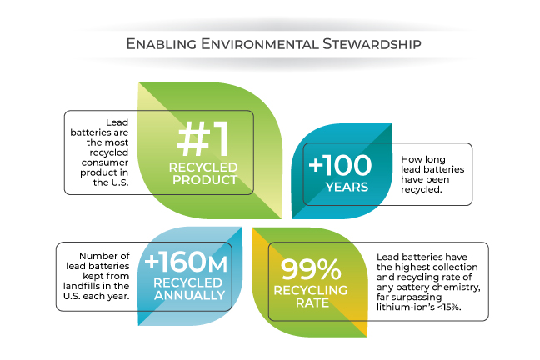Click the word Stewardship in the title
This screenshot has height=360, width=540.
click(372, 44)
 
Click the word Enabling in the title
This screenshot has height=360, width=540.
click(162, 44)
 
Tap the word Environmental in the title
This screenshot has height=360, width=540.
click(260, 44)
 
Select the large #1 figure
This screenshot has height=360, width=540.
click(203, 139)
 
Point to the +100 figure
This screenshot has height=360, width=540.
click(340, 165)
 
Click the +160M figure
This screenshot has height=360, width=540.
click(186, 262)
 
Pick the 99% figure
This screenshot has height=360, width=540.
click(311, 269)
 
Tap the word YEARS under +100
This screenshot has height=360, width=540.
click(347, 187)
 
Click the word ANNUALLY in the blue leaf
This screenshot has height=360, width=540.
click(189, 295)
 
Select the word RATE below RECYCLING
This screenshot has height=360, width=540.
click(312, 302)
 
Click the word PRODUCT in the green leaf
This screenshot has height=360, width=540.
click(205, 179)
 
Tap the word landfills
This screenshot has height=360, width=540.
click(81, 286)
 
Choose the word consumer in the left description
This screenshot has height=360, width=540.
click(105, 162)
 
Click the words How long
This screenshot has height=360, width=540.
click(423, 159)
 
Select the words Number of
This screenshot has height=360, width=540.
click(104, 256)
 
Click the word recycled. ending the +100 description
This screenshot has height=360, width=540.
click(422, 189)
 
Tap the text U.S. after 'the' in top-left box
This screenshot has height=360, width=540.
click(119, 182)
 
